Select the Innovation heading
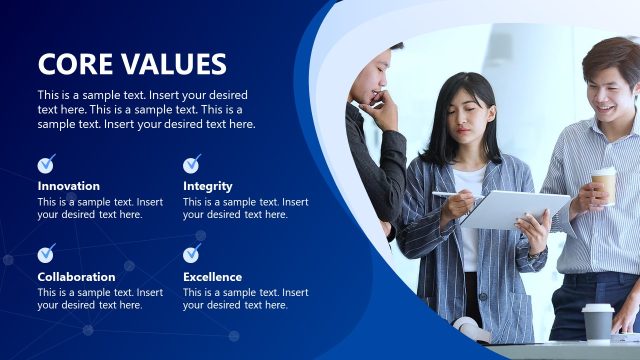tap(69, 186)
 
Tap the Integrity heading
tap(208, 186)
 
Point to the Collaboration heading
tap(77, 277)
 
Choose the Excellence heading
tap(212, 277)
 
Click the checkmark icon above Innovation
tap(46, 164)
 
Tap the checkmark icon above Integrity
tap(191, 164)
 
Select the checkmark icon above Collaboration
tap(46, 254)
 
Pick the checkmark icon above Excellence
tap(191, 254)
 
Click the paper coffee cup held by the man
tap(604, 184)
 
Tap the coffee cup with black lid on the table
tap(597, 321)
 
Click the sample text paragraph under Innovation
tap(100, 208)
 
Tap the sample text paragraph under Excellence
tap(245, 299)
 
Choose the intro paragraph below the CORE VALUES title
tap(146, 110)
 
